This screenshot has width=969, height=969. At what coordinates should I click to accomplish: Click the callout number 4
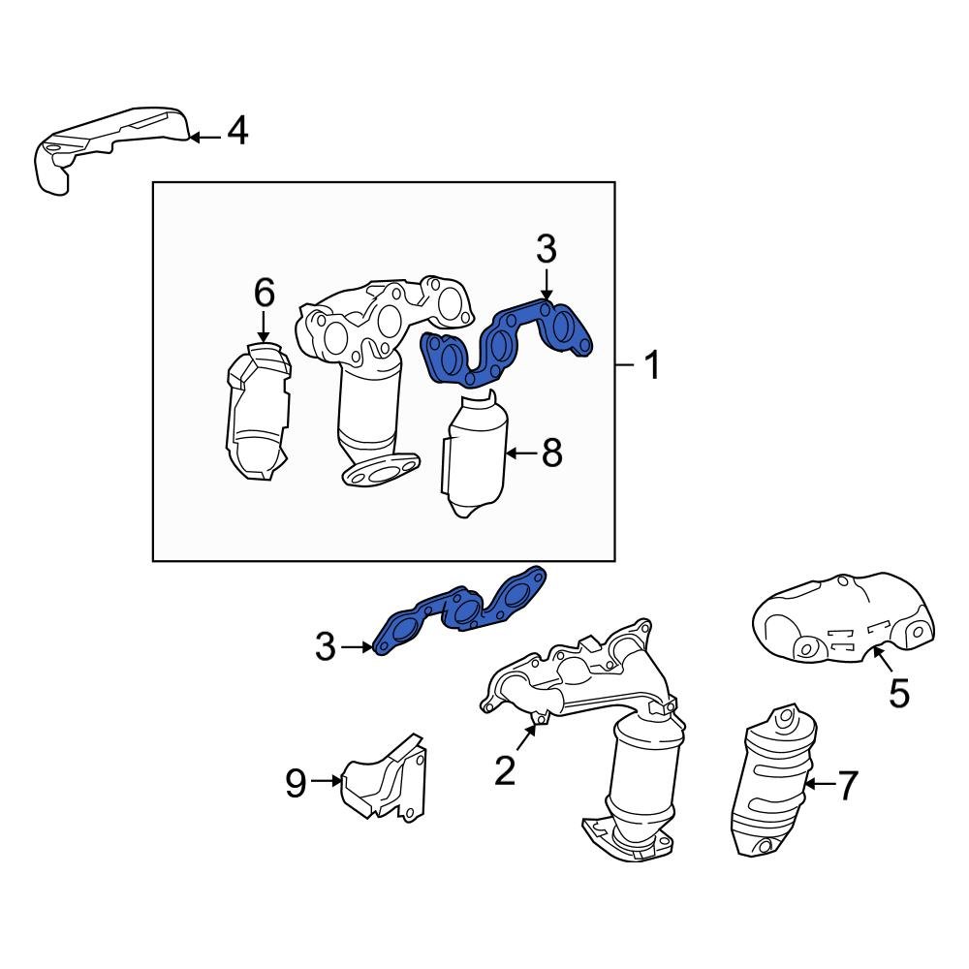tap(236, 131)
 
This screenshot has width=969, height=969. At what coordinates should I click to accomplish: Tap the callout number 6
tap(264, 293)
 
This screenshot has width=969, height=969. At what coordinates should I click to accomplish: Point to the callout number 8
tap(551, 453)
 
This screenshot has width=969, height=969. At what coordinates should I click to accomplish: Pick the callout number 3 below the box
tap(326, 646)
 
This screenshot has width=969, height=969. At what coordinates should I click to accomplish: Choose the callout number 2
tap(504, 770)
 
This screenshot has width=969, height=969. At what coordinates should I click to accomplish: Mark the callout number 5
tap(898, 693)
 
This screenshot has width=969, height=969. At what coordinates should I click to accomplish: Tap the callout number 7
tap(847, 786)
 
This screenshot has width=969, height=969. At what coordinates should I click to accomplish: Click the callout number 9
tap(297, 781)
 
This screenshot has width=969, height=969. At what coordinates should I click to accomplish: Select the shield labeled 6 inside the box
tap(257, 417)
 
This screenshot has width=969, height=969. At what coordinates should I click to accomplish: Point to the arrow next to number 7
tap(818, 783)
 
